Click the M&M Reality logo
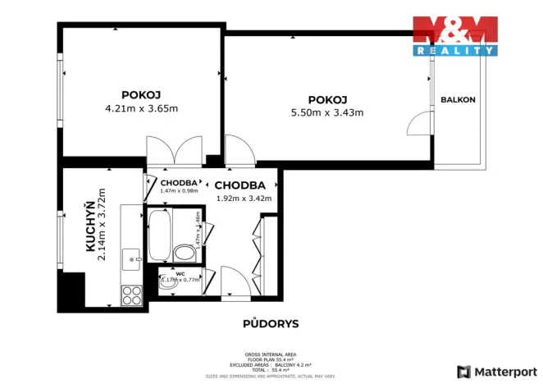455,35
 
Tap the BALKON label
458,100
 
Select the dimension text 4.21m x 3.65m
141,108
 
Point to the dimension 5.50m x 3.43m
327,113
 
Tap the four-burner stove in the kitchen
131,295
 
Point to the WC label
180,273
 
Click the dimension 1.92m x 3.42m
243,198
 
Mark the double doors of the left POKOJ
173,151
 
